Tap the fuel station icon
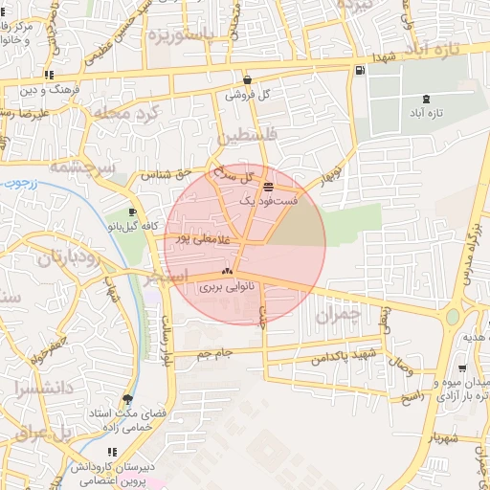click(x=359, y=70)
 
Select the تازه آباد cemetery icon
click(x=426, y=99)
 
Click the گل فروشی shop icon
click(x=248, y=80)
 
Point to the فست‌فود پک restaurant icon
click(x=267, y=186)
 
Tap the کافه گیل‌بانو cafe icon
click(x=132, y=212)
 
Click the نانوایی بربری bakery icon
click(x=227, y=272)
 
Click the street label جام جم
click(x=215, y=355)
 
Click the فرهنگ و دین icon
click(x=49, y=75)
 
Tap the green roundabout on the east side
click(x=454, y=316)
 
